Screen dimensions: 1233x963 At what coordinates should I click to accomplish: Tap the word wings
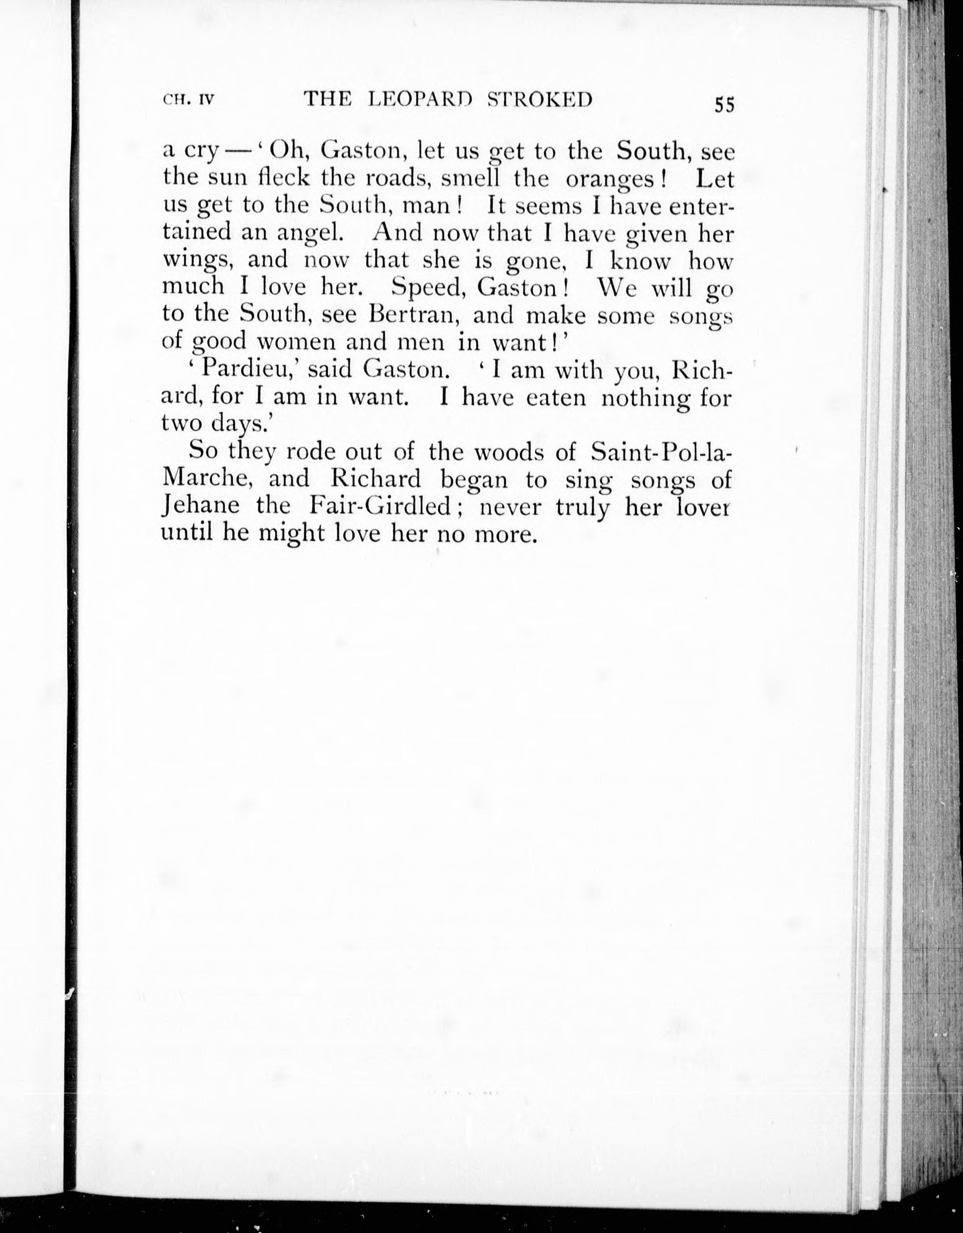(x=198, y=261)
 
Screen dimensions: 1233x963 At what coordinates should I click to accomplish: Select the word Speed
(x=427, y=288)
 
